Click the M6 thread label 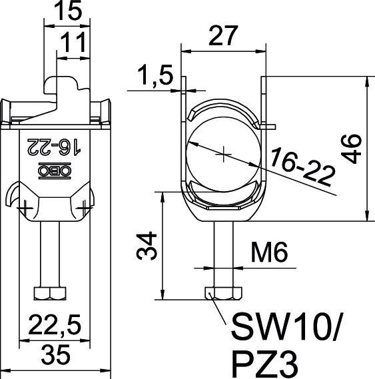pyautogui.click(x=270, y=254)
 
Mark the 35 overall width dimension pyautogui.click(x=56, y=357)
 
